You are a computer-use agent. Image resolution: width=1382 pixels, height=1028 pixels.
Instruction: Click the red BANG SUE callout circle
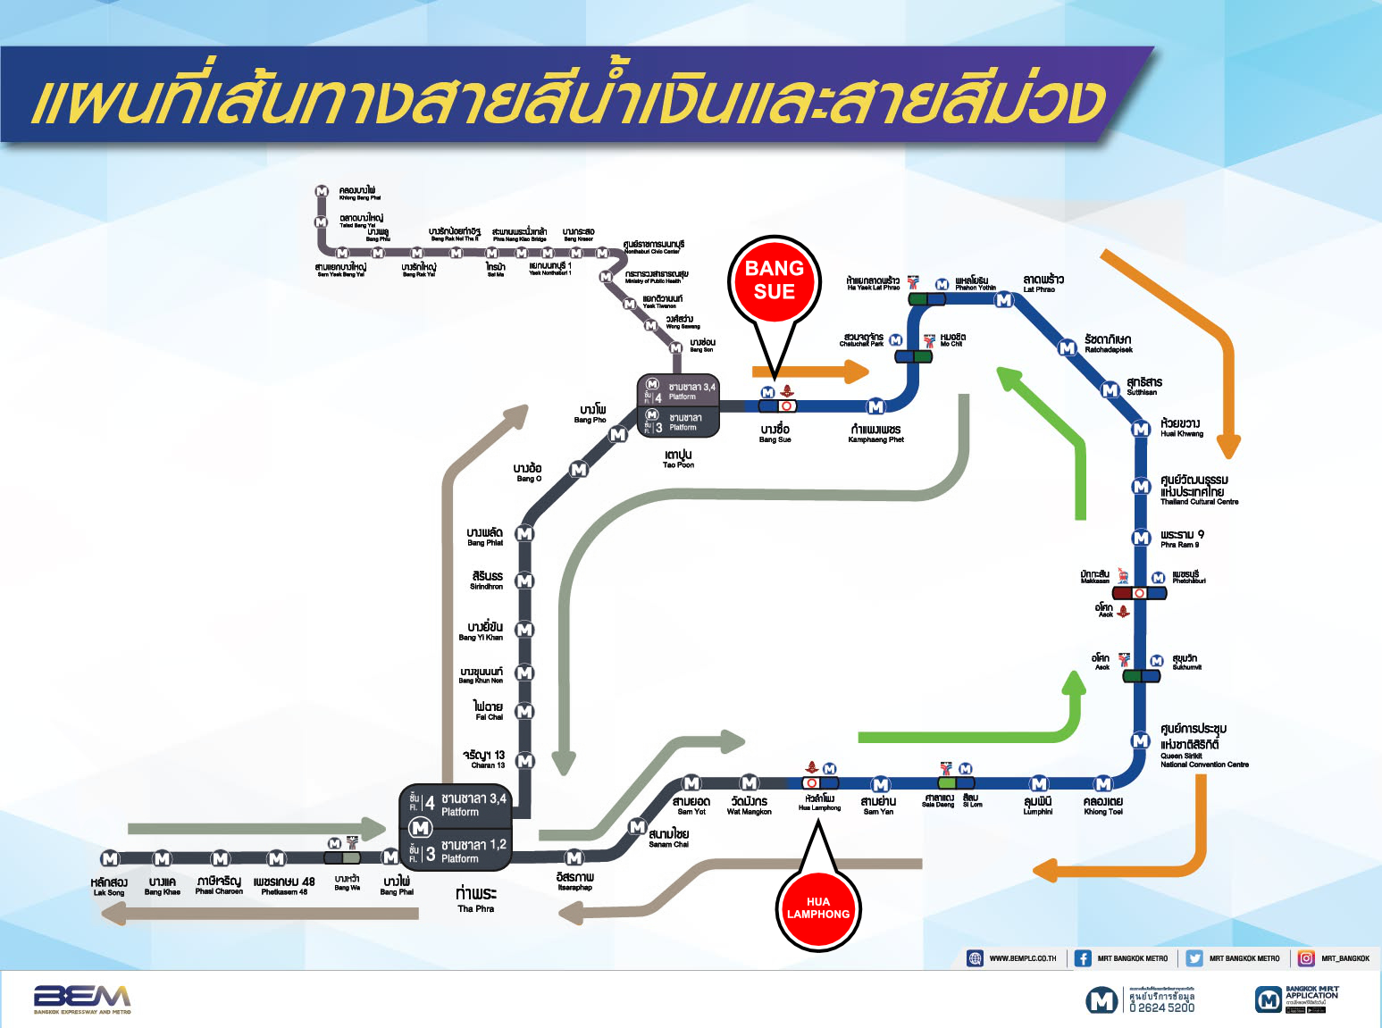[x=775, y=280]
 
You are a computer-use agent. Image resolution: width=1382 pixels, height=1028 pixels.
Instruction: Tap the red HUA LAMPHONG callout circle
[x=817, y=908]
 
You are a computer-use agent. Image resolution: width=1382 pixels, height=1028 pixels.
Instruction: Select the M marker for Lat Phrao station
[x=1004, y=300]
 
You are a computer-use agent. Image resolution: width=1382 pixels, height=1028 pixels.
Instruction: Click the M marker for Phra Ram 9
[x=1141, y=538]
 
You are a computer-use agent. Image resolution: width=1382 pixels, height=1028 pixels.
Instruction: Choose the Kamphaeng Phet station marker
[x=875, y=406]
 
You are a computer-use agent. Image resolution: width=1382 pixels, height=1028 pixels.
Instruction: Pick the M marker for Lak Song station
[x=109, y=858]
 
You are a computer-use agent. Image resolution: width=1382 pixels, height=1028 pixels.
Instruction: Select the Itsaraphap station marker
[x=574, y=858]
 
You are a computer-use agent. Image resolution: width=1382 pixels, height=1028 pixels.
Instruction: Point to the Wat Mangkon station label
[x=749, y=806]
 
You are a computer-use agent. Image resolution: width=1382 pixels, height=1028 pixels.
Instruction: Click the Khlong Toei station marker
[x=1103, y=784]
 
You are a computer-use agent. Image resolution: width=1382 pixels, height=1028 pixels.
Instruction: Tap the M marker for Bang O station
[x=579, y=470]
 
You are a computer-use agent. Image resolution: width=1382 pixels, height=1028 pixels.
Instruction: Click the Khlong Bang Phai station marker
[x=322, y=191]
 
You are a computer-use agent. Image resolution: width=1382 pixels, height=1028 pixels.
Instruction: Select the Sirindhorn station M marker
[x=524, y=581]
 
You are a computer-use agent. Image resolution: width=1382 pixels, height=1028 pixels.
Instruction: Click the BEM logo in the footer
[x=82, y=999]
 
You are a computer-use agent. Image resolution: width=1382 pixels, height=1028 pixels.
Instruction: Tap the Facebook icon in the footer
[x=1082, y=958]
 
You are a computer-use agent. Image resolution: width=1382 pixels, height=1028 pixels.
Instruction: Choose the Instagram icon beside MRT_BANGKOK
[x=1306, y=958]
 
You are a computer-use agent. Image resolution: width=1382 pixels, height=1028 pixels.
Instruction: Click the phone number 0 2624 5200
[x=1161, y=1007]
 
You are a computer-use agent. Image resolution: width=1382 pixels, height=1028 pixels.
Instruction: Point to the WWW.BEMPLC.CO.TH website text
[x=1022, y=958]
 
